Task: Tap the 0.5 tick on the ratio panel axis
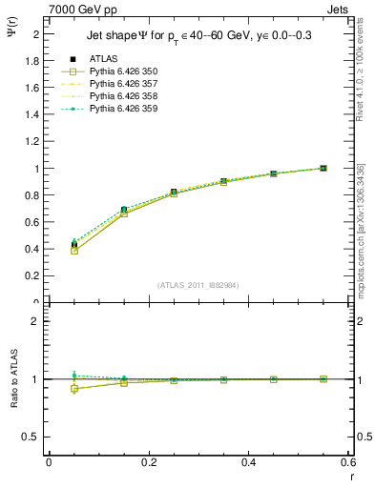tap(33, 437)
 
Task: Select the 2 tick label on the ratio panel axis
tap(35, 321)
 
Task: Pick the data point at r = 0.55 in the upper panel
tap(323, 169)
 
